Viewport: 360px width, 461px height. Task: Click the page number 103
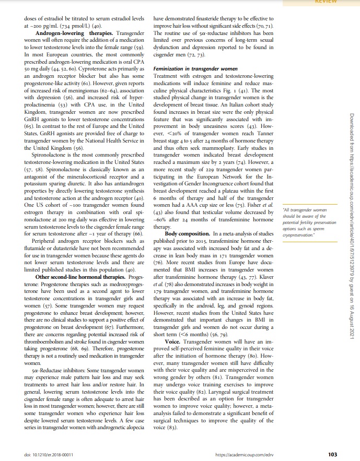[332, 453]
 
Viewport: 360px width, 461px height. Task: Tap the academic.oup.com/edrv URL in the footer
[244, 454]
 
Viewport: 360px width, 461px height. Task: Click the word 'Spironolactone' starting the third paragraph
[52, 156]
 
